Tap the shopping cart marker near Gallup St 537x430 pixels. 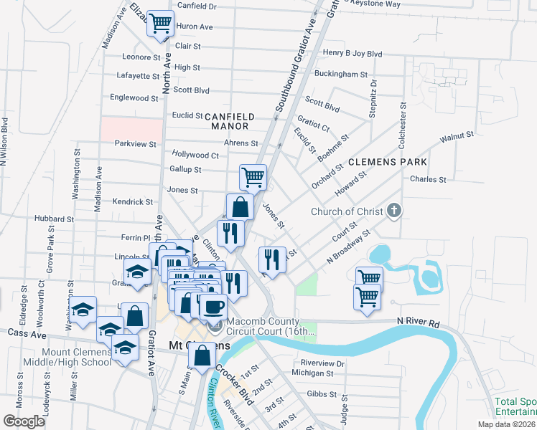(253, 176)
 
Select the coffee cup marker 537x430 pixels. (213, 307)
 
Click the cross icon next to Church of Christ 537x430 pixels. (393, 211)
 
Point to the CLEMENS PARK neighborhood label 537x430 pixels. (388, 163)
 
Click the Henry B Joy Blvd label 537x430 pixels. (352, 53)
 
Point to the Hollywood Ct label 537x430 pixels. (195, 154)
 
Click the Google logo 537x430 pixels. (24, 421)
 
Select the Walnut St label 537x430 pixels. (457, 135)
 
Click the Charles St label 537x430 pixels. (428, 179)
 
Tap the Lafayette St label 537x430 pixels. (136, 75)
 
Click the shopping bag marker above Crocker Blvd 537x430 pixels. (202, 355)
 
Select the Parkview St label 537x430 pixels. (136, 143)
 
